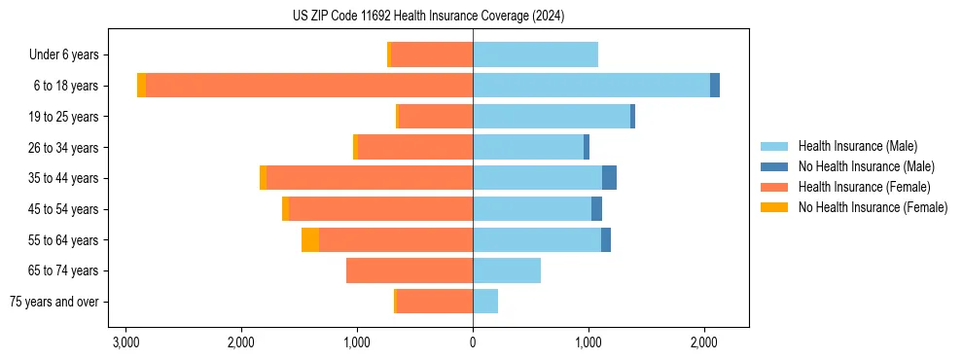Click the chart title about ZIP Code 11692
tap(428, 17)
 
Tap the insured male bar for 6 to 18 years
tap(591, 86)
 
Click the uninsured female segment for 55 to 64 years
tap(310, 240)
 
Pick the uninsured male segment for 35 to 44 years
tap(609, 178)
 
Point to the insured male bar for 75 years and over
tap(485, 302)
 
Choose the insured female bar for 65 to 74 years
tap(410, 270)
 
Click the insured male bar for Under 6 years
tap(535, 54)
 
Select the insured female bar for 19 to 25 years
tap(436, 117)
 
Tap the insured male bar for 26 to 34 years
tap(528, 147)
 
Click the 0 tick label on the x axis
tap(473, 342)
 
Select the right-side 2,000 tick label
tap(704, 342)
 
